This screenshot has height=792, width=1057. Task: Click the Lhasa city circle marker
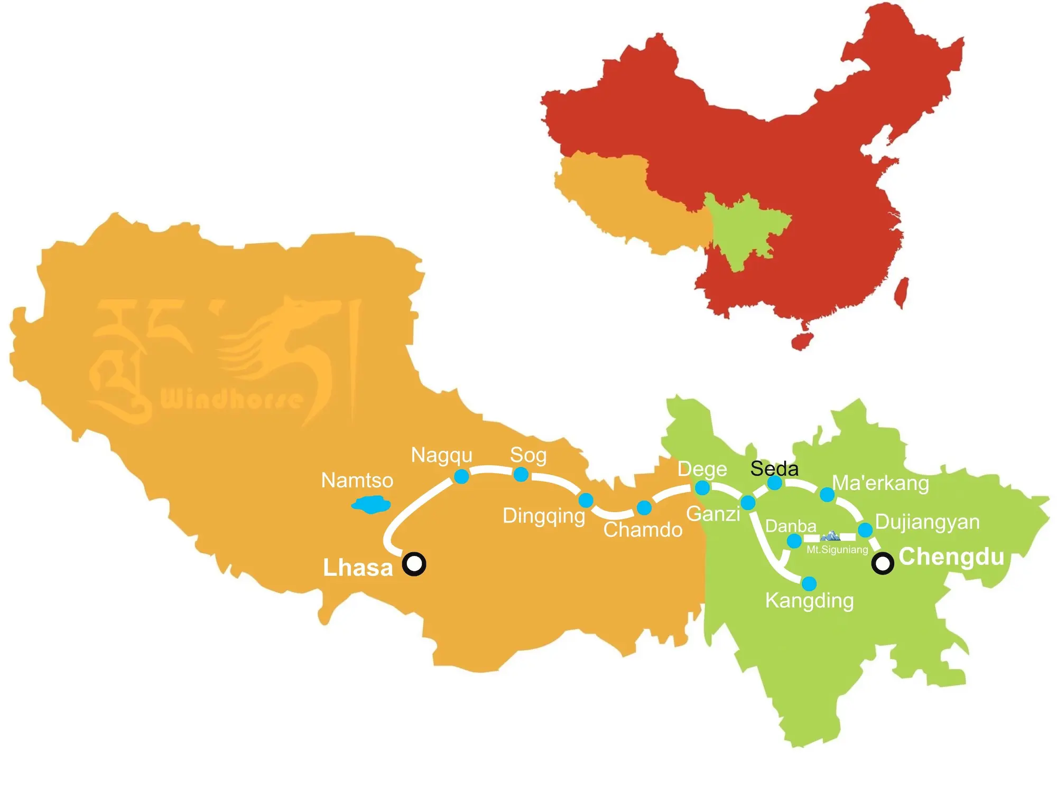(414, 563)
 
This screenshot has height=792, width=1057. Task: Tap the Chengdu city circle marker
(882, 563)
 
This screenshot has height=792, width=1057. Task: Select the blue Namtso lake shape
(371, 505)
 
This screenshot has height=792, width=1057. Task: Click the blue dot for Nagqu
(461, 476)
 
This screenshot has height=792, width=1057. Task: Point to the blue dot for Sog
(521, 474)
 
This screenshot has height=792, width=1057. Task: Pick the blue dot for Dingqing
(586, 499)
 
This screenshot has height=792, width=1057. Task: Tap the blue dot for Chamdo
(644, 508)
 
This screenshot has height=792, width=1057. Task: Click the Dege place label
(702, 469)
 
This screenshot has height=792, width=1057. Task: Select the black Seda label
(774, 468)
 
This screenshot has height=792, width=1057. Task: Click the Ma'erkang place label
(880, 483)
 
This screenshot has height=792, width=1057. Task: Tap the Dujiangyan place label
(927, 522)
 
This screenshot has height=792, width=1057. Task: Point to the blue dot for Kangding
(809, 583)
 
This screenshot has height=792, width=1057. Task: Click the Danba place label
(791, 526)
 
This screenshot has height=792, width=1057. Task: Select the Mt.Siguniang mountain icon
(830, 536)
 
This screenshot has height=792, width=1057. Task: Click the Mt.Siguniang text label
(837, 550)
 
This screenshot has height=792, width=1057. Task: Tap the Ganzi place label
(713, 514)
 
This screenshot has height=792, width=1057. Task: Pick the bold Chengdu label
(951, 557)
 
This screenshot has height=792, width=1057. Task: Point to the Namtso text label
(357, 480)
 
